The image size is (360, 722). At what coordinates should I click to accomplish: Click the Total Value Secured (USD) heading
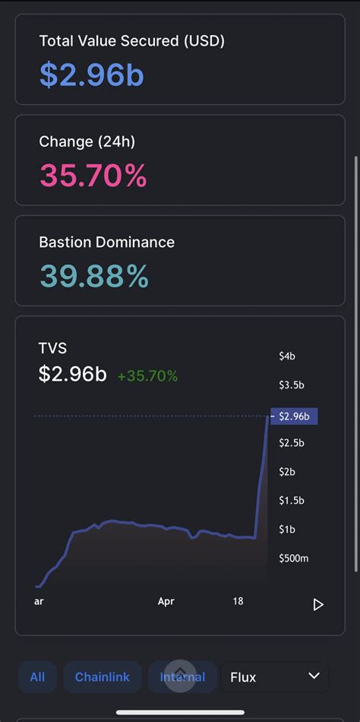point(132,41)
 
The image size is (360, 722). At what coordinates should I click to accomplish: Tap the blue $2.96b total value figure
point(91,74)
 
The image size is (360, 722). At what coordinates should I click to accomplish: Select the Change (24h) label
point(87,141)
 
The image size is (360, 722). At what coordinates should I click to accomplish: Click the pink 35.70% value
point(93,176)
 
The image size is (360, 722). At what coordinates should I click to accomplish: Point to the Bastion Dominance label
point(107,242)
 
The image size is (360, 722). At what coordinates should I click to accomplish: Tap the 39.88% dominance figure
point(94,277)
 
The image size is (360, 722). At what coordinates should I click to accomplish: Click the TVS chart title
point(53,348)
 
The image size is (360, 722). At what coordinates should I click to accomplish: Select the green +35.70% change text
point(147,375)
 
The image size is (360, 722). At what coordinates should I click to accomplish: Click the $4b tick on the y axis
point(287,356)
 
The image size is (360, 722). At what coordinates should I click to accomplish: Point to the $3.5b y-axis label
point(291,385)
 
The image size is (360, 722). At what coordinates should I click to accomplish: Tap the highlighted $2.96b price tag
point(293,416)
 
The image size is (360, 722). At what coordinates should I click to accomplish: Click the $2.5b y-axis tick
point(291,443)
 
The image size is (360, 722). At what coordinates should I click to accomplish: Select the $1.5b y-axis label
point(291,500)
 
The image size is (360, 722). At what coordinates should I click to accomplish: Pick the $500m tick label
point(292,559)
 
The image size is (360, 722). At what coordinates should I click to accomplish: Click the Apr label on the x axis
point(166,601)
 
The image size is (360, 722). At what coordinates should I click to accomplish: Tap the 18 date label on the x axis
point(238,601)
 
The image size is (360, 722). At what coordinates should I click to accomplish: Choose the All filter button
point(37,676)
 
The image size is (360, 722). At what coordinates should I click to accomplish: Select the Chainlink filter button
point(102,676)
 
